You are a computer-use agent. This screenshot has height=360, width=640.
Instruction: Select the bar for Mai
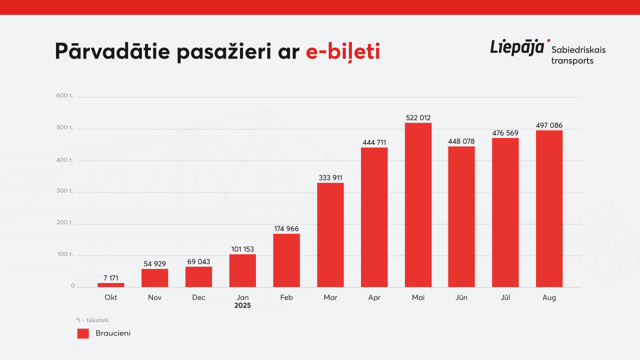pyautogui.click(x=418, y=205)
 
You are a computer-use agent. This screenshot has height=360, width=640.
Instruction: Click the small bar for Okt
pyautogui.click(x=111, y=285)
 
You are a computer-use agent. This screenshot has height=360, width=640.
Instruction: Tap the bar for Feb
pyautogui.click(x=286, y=260)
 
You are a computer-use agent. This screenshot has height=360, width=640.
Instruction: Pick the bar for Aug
pyautogui.click(x=549, y=209)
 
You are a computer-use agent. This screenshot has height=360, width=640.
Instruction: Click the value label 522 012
pyautogui.click(x=418, y=118)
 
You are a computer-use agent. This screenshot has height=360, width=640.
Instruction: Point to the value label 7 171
pyautogui.click(x=111, y=278)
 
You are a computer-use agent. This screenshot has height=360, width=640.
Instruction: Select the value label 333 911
pyautogui.click(x=330, y=178)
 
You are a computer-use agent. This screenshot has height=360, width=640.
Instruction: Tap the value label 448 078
pyautogui.click(x=461, y=141)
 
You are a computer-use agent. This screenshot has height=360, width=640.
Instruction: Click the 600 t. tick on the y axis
pyautogui.click(x=65, y=95)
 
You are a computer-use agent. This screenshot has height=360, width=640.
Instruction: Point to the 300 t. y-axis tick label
pyautogui.click(x=65, y=191)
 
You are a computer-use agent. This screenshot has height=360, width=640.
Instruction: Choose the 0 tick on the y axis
pyautogui.click(x=72, y=286)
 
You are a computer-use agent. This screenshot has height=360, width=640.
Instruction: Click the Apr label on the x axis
pyautogui.click(x=374, y=297)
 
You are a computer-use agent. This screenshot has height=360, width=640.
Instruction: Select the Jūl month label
pyautogui.click(x=505, y=297)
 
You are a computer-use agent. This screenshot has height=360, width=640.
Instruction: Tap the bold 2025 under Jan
pyautogui.click(x=242, y=305)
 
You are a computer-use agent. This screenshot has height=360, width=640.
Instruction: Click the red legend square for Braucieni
pyautogui.click(x=83, y=333)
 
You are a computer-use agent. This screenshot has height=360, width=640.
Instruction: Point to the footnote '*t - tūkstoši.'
pyautogui.click(x=93, y=320)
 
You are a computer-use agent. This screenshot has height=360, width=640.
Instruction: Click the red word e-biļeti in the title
pyautogui.click(x=342, y=52)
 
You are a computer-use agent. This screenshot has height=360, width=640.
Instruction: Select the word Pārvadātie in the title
pyautogui.click(x=112, y=52)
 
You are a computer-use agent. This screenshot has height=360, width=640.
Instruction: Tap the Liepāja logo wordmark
pyautogui.click(x=517, y=47)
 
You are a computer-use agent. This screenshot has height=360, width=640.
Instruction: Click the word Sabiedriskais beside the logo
pyautogui.click(x=578, y=50)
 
